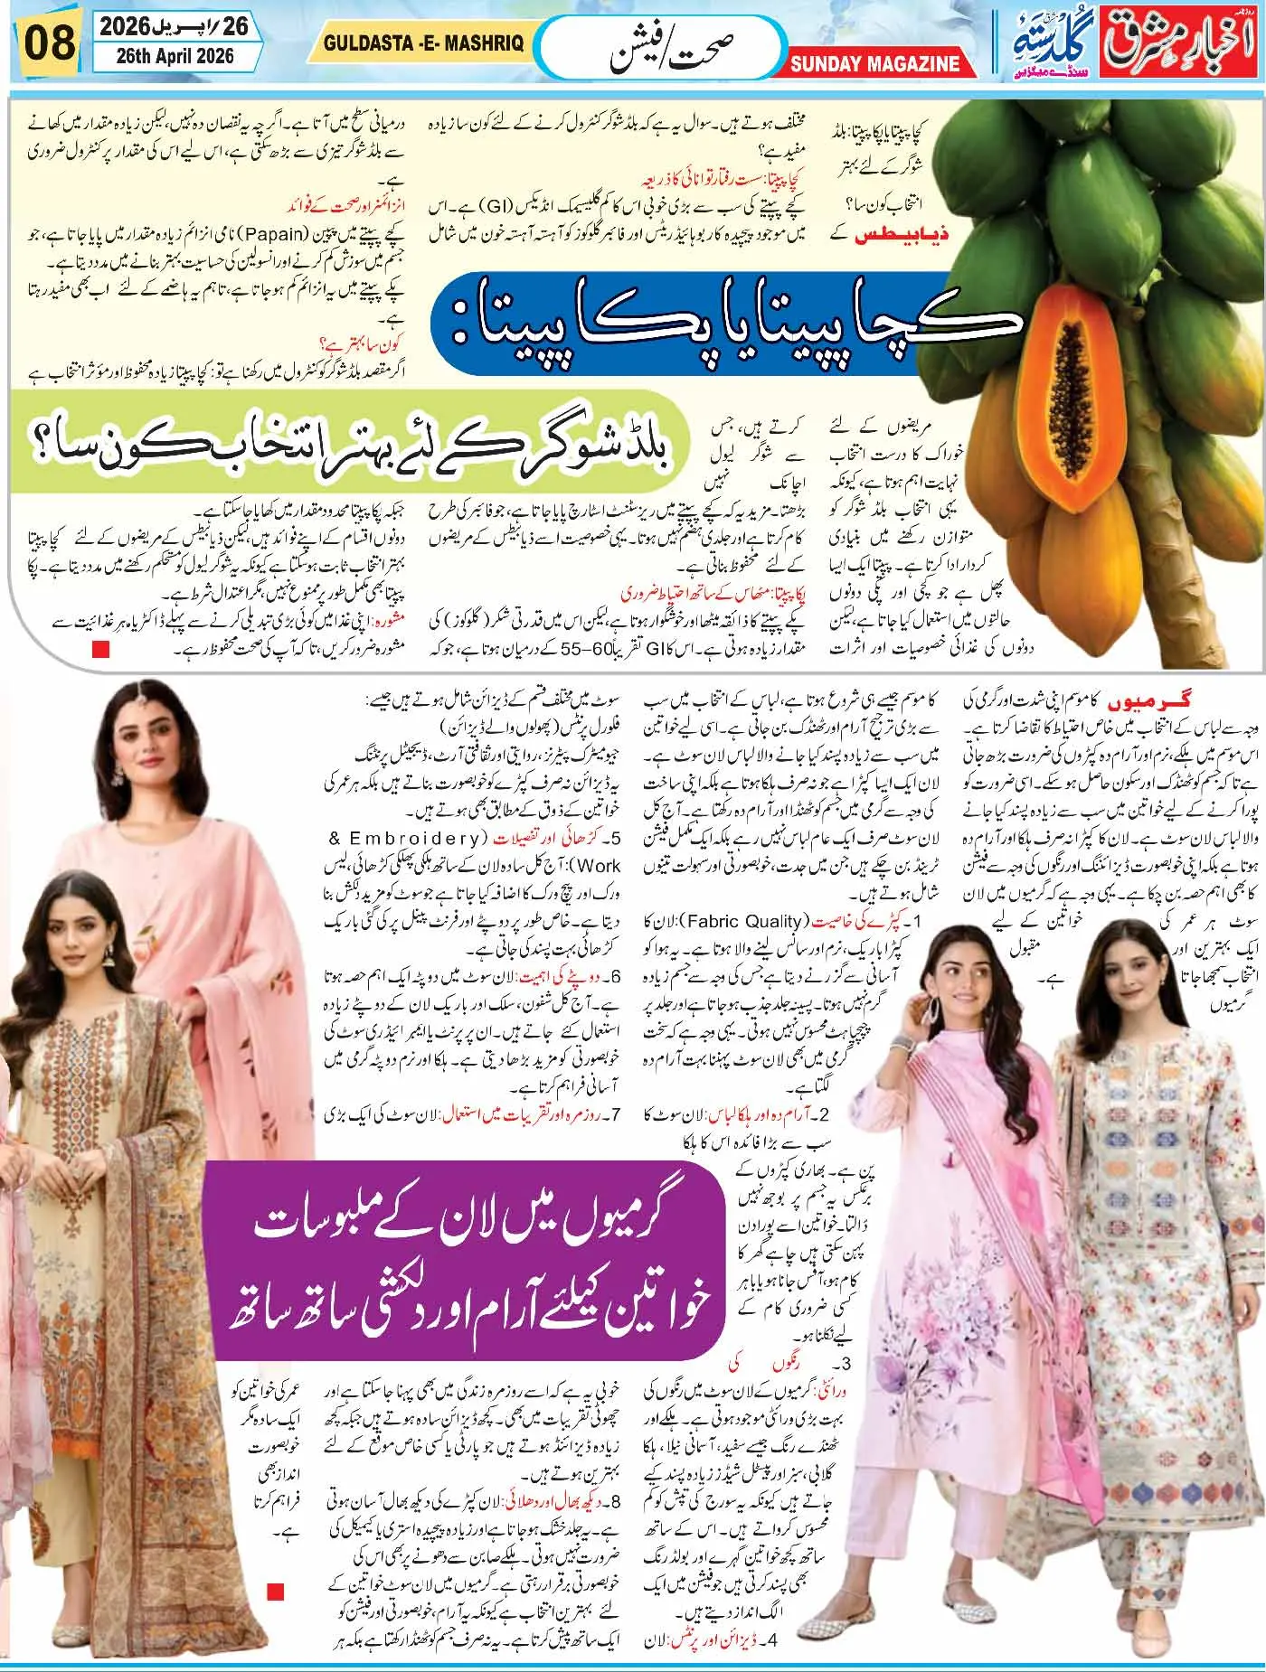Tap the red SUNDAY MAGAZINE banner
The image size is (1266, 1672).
click(x=874, y=63)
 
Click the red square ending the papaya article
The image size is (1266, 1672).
click(x=100, y=649)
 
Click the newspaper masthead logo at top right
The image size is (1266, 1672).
click(x=1138, y=41)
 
